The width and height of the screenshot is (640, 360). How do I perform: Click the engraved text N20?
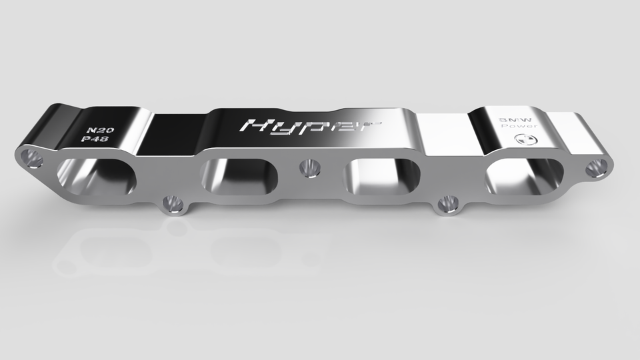[101, 129]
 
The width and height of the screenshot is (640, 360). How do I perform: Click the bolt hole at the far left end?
[31, 158]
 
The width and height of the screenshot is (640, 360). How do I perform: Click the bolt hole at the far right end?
[595, 167]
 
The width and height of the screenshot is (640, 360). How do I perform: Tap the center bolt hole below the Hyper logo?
[309, 168]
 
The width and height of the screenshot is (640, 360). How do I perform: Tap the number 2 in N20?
[101, 129]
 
